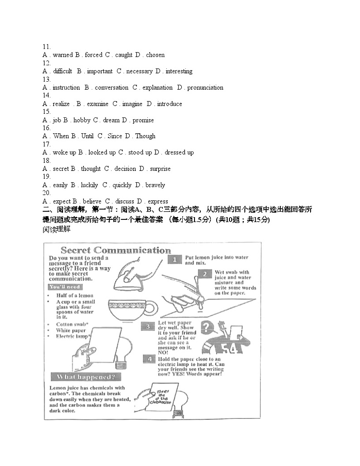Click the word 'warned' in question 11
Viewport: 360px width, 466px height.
click(x=63, y=55)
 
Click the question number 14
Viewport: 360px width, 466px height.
click(x=46, y=96)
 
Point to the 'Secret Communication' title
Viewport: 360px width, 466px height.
click(x=116, y=250)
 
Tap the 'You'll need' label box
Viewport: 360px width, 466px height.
click(x=65, y=287)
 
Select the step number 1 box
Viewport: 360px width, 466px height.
click(x=175, y=259)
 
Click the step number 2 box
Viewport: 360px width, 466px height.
click(x=205, y=274)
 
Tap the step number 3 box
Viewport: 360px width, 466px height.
click(x=148, y=326)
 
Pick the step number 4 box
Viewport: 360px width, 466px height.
click(x=150, y=359)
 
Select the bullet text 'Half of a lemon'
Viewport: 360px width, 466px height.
click(x=74, y=296)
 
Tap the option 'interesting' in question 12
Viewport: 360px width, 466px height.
click(x=179, y=71)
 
